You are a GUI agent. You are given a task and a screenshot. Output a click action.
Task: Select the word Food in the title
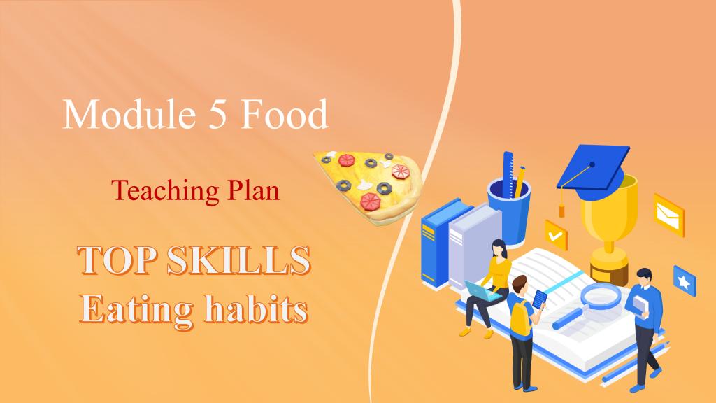point(284,113)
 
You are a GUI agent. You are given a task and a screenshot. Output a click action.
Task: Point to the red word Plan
point(253,190)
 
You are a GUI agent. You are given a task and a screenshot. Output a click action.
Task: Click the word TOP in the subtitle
point(117,260)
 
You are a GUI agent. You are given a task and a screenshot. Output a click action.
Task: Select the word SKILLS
point(238,260)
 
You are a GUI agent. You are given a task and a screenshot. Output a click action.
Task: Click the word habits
point(256,309)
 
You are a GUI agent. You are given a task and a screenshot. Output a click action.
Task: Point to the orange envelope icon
point(669,215)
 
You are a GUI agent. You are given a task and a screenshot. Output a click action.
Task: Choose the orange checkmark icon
point(556,235)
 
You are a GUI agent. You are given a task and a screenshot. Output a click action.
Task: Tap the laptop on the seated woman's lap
point(482,291)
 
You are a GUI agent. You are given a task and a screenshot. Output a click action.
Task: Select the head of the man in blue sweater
point(643,277)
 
